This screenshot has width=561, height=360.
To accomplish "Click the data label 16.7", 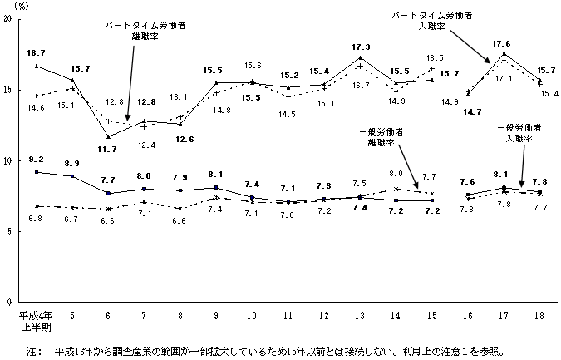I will [x=35, y=52].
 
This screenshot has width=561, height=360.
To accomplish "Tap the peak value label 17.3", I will [x=361, y=47].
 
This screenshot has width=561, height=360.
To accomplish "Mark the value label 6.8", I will [x=35, y=218].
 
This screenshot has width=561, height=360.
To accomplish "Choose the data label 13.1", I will [x=181, y=96].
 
